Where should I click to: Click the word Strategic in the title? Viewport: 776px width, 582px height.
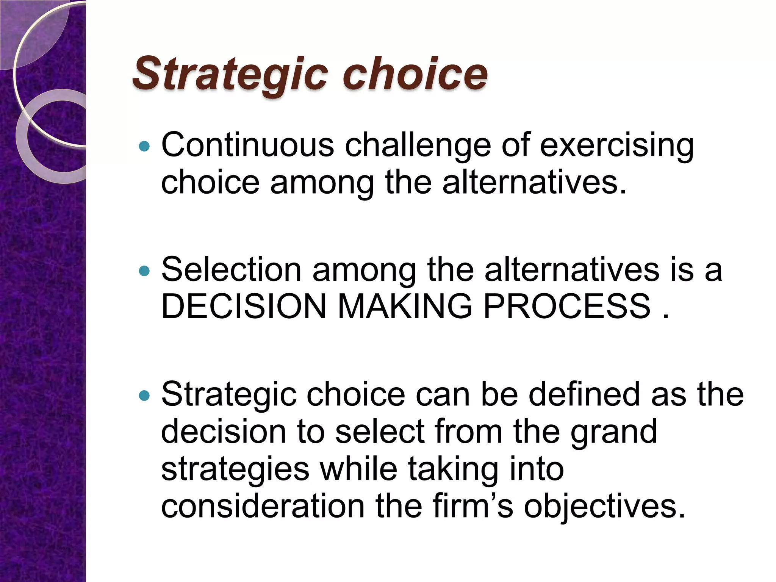pyautogui.click(x=230, y=74)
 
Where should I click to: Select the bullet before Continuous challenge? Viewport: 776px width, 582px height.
pyautogui.click(x=144, y=146)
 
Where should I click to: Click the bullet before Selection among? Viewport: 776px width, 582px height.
pyautogui.click(x=144, y=271)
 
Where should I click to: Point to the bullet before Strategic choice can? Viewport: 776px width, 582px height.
pyautogui.click(x=144, y=396)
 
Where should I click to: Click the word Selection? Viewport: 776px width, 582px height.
pyautogui.click(x=232, y=270)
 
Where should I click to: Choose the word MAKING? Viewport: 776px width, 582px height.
pyautogui.click(x=405, y=307)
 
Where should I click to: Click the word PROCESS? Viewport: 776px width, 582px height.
pyautogui.click(x=567, y=307)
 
